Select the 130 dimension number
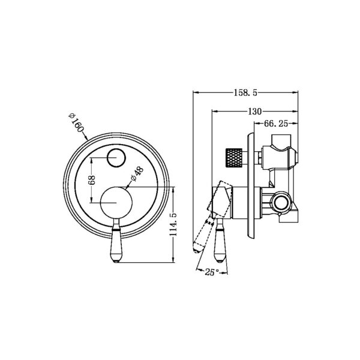(254, 112)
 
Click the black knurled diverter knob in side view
(233, 157)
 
